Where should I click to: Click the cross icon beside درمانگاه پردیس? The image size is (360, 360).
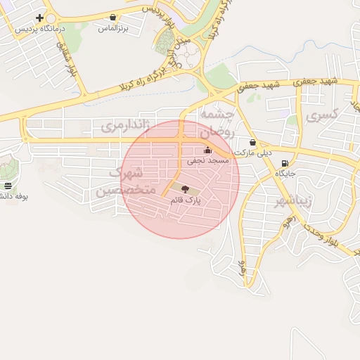coord(39,18)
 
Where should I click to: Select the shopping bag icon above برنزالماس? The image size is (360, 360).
coord(113,17)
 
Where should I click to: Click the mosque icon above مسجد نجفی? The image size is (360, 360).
coord(207,150)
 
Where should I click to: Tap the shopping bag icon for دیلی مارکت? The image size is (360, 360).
coord(252,142)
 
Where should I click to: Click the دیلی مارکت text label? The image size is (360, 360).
coord(253,153)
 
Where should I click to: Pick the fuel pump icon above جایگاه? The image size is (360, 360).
coord(284,162)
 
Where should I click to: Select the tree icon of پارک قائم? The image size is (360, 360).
coord(184,188)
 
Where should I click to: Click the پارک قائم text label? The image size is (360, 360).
coord(185,200)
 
